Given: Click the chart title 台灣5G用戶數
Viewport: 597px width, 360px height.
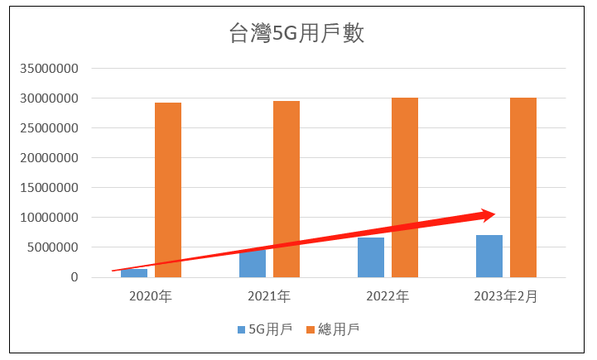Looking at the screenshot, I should pos(296,34).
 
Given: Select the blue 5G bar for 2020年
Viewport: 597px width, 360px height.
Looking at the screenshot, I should pos(134,273).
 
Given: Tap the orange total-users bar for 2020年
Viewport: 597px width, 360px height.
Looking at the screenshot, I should pos(168,190).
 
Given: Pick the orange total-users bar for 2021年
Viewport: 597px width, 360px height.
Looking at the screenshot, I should pos(286,189).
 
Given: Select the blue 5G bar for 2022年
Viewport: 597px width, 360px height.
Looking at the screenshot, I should pos(371,257).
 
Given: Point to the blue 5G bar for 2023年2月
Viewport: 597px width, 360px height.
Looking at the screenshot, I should pos(489,256).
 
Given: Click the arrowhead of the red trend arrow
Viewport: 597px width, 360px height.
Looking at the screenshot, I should pos(489,215).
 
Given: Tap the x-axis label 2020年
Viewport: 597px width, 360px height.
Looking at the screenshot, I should pos(151,295).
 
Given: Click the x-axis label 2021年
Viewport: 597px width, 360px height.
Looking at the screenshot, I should pos(269,295).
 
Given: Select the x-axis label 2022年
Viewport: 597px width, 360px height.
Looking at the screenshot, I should pos(388,295).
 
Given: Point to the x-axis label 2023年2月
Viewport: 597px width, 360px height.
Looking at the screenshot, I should pos(506,295).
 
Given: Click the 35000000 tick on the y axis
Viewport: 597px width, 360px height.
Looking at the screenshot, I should pos(51,69).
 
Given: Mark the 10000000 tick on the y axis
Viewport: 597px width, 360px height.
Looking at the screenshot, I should pos(51,218).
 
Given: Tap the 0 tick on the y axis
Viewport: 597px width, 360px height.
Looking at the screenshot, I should pos(74,277).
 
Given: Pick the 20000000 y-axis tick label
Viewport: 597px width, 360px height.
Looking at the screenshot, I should pos(51,158).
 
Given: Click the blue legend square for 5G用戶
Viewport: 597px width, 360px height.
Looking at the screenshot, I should pos(241,329).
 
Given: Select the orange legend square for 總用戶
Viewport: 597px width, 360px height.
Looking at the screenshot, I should pos(311,329).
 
